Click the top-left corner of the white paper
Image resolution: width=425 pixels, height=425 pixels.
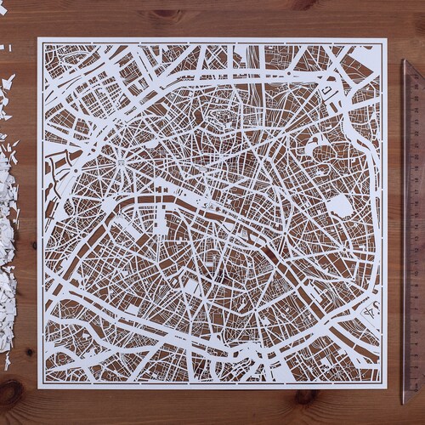coord(38,37)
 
